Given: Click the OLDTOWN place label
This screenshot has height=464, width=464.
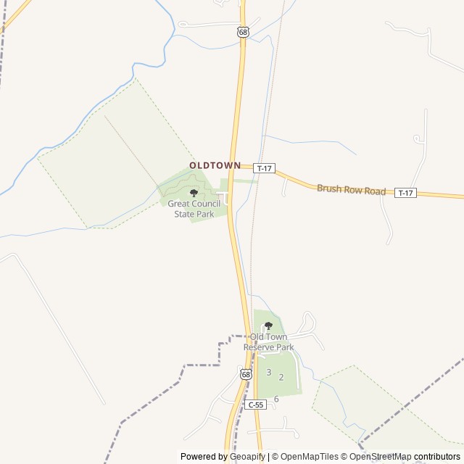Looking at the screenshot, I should (215, 165).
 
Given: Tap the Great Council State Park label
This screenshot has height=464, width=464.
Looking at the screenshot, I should (193, 209).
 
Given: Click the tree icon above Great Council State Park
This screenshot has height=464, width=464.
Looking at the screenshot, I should (194, 193).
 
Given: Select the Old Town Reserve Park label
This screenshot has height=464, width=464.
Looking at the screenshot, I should (269, 342).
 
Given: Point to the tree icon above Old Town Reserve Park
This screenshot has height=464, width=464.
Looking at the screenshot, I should (269, 326).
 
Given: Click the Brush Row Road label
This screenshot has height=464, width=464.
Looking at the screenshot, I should (351, 189).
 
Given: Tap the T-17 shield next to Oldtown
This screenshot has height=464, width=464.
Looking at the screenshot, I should (265, 168).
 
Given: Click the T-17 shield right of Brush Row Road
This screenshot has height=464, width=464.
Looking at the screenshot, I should (406, 193).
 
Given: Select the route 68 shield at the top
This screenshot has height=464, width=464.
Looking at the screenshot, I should (243, 32).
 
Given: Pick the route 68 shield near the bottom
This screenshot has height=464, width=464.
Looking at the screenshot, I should (246, 374).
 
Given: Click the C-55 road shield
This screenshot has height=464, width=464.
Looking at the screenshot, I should (255, 405).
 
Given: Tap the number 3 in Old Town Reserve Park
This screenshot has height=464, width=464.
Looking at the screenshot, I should (268, 373).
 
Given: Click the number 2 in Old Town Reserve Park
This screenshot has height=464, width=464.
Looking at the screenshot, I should (281, 378).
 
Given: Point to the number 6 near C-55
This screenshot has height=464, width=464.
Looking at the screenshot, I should (276, 399).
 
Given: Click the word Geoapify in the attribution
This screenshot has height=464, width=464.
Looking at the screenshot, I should (246, 457).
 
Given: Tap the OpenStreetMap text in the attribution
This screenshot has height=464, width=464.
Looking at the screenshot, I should (380, 457).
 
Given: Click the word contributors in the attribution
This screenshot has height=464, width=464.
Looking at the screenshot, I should (437, 457).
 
